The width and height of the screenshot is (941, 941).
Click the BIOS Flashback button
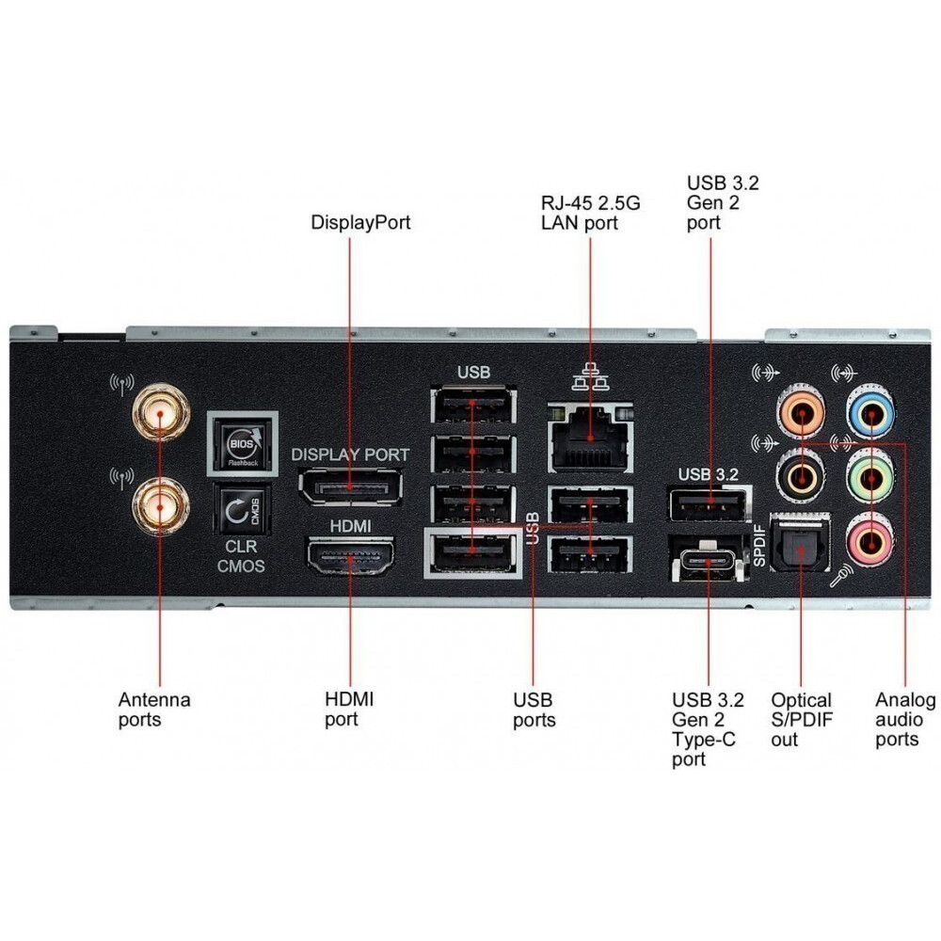pos(242,440)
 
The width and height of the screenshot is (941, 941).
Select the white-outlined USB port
pos(473,552)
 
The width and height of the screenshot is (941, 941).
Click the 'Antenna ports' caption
pos(154,710)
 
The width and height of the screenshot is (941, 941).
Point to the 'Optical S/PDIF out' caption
pos(802,720)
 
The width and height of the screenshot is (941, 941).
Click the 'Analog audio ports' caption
pos(904,720)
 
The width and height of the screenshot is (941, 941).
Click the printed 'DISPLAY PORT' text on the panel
pos(350,455)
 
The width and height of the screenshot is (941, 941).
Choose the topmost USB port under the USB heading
pos(473,406)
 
